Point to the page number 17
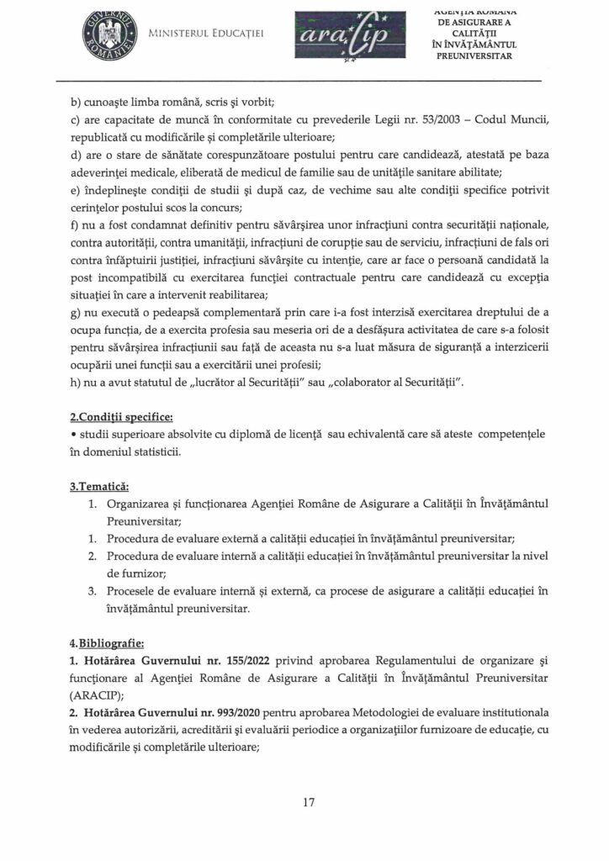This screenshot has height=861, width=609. coord(309,802)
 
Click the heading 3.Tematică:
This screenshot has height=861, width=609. coord(105,485)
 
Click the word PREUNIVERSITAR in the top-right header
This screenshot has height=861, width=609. coord(475,56)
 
